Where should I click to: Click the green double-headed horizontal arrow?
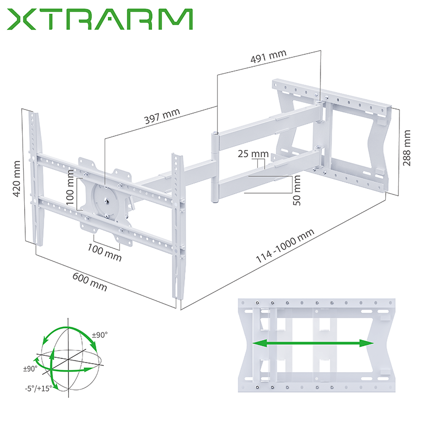313,343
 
